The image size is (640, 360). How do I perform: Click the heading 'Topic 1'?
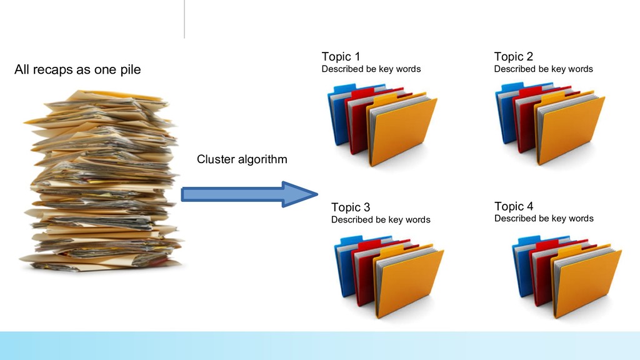(341, 57)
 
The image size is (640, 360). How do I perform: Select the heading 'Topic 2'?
(513, 57)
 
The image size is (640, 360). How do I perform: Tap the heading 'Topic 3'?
(350, 207)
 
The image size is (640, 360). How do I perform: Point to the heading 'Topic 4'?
(514, 206)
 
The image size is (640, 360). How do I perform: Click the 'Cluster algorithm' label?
(242, 159)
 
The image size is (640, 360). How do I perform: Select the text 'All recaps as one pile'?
(77, 69)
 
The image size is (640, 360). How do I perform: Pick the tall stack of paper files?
(100, 181)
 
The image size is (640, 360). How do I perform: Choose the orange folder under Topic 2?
(572, 131)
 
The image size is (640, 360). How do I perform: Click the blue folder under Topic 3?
(345, 266)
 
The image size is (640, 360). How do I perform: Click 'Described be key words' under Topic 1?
(371, 69)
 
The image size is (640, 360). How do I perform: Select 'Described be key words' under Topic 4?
(544, 219)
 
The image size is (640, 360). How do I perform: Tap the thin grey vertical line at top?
(184, 19)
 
